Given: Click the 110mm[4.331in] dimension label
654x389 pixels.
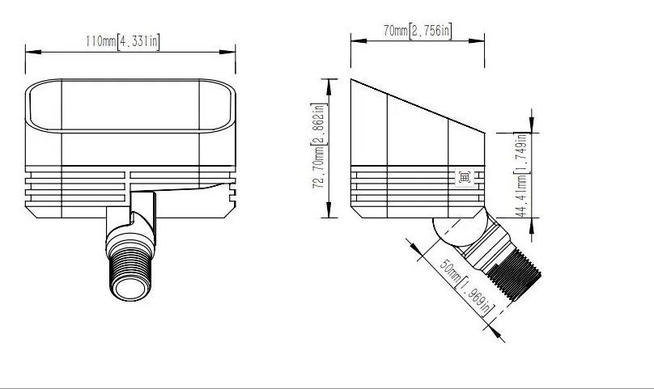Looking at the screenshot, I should (122, 42).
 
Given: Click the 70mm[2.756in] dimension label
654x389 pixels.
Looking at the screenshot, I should (417, 31).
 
